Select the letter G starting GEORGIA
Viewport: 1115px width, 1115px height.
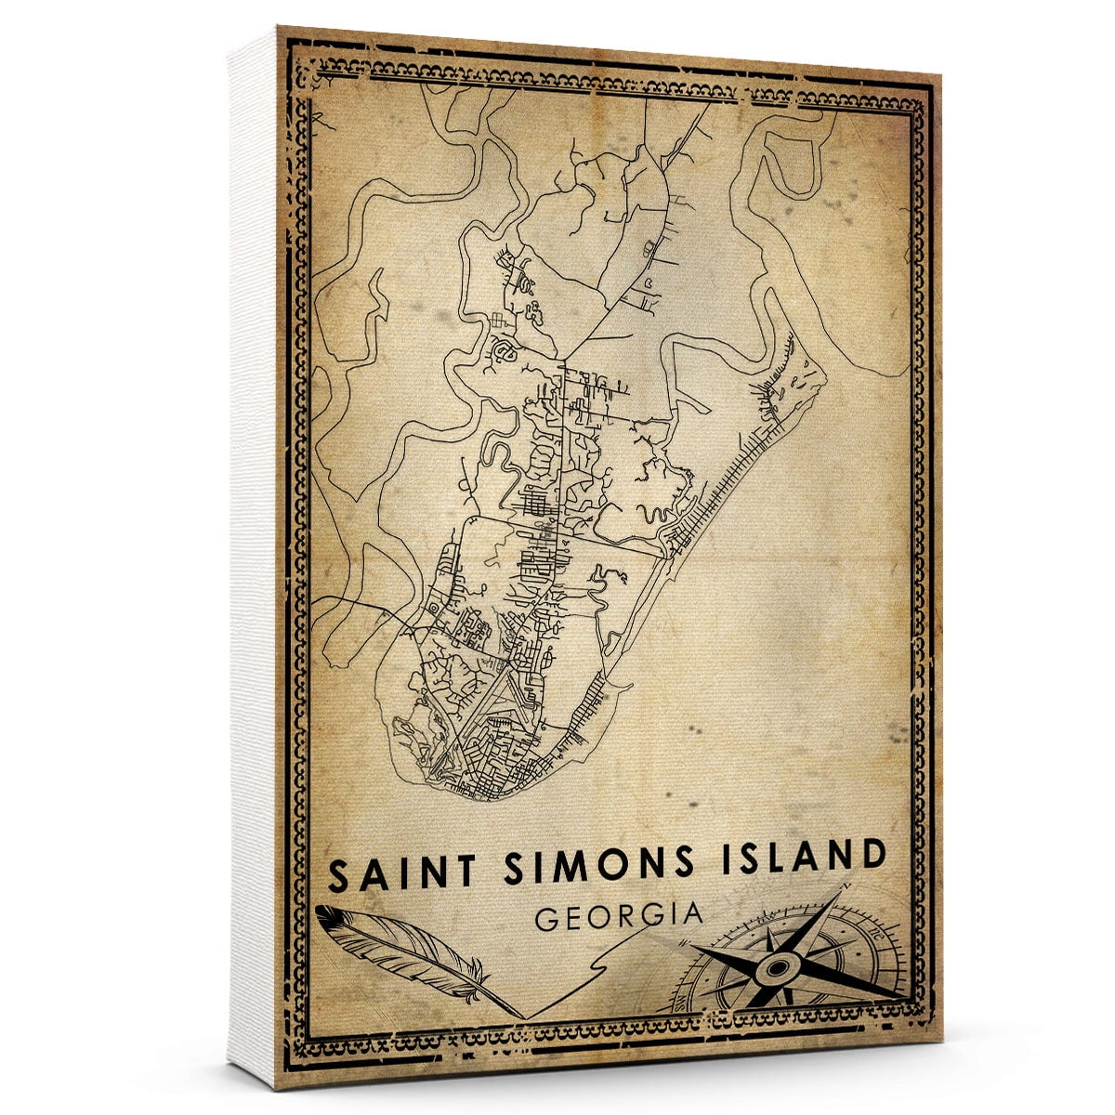pos(549,920)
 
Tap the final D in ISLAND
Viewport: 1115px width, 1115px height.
pos(870,854)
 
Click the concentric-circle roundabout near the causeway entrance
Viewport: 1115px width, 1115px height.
pos(433,609)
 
